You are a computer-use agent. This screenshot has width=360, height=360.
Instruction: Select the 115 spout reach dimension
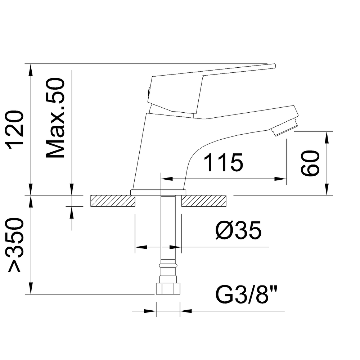224,163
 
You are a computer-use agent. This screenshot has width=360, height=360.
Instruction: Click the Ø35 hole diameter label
238,231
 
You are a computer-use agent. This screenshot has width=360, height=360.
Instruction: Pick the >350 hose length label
17,246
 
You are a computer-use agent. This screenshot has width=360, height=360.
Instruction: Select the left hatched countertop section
112,201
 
